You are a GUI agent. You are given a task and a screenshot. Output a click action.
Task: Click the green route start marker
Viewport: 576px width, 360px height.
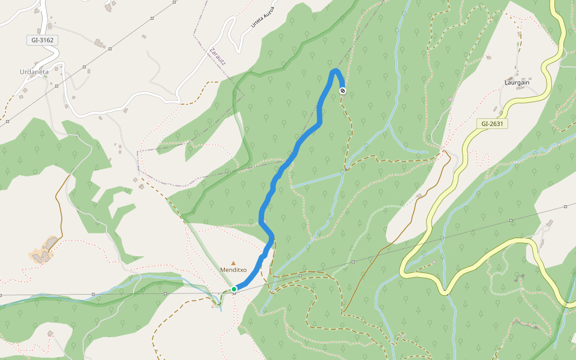[234, 289]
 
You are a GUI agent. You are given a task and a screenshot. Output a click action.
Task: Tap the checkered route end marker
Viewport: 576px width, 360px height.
[342, 91]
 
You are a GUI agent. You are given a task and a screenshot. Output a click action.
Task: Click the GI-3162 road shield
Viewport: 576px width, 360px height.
[42, 40]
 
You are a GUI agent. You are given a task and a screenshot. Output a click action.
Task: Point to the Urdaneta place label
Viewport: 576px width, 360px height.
[34, 72]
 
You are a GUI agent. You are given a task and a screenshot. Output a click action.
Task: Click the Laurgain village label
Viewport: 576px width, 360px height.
[517, 82]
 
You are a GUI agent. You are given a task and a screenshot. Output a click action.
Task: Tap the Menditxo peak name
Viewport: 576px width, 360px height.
[233, 270]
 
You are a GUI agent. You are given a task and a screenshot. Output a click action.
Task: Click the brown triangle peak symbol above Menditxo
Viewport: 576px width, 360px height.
[233, 263]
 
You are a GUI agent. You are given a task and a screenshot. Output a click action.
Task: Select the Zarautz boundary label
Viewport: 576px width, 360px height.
[218, 58]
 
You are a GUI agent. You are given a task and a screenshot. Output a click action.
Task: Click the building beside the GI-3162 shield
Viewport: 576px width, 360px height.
[99, 43]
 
